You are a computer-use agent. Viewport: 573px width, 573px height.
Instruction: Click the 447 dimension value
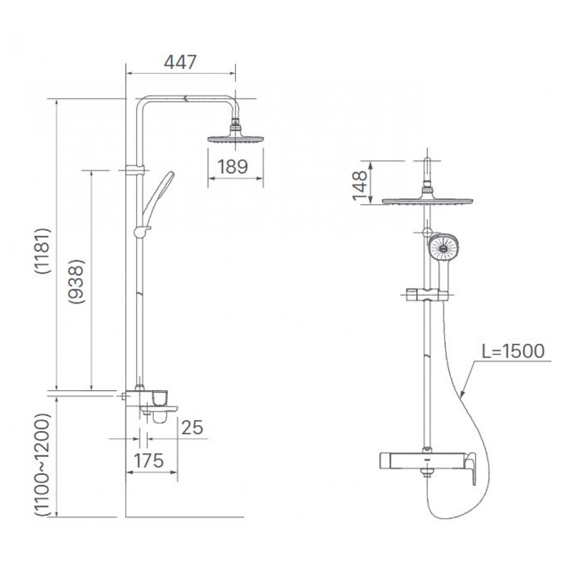(180, 62)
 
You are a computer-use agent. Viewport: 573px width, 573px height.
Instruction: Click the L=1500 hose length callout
(512, 351)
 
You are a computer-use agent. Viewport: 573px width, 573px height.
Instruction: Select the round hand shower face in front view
(443, 249)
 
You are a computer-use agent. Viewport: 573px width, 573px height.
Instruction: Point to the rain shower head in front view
(427, 201)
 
